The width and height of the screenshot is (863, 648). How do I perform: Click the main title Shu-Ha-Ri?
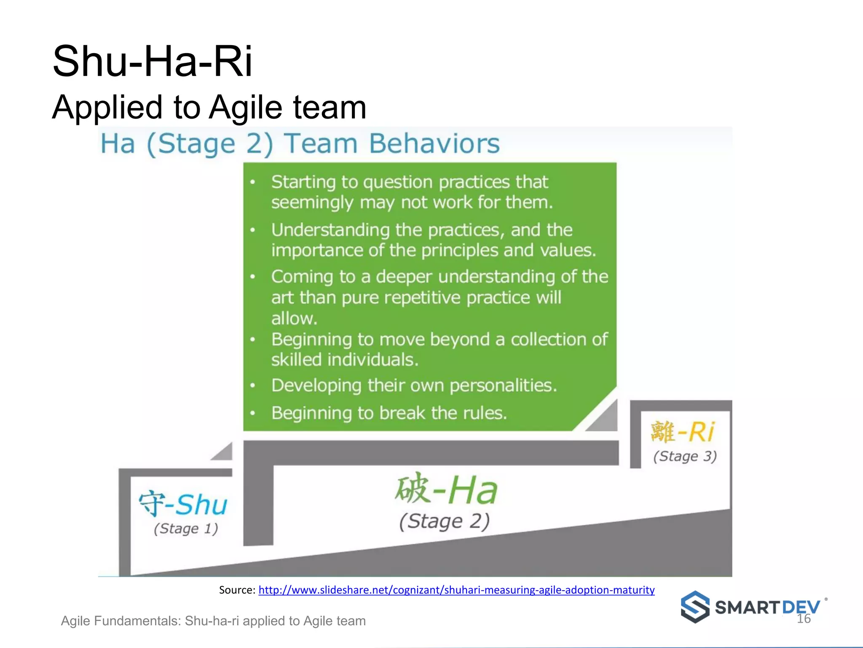pyautogui.click(x=152, y=62)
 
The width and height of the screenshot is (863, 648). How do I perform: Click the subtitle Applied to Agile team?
pyautogui.click(x=209, y=107)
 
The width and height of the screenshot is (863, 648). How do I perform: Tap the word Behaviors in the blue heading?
pyautogui.click(x=434, y=143)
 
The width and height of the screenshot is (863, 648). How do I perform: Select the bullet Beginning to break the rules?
pyautogui.click(x=389, y=413)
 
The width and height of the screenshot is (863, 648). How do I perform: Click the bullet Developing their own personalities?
pyautogui.click(x=414, y=385)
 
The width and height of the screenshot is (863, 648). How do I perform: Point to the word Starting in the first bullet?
pyautogui.click(x=303, y=182)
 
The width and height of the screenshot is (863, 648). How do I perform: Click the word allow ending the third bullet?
pyautogui.click(x=294, y=319)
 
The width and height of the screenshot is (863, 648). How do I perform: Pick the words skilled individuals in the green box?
pyautogui.click(x=345, y=360)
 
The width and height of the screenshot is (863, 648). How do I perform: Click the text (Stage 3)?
pyautogui.click(x=685, y=456)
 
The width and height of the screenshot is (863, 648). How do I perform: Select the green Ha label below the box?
pyautogui.click(x=472, y=490)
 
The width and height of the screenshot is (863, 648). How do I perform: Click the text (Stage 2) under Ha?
pyautogui.click(x=444, y=521)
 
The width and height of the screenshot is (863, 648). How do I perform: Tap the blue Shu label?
pyautogui.click(x=201, y=505)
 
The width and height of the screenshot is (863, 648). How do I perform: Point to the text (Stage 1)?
pyautogui.click(x=186, y=529)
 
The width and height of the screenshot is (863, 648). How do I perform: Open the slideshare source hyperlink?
pyautogui.click(x=456, y=590)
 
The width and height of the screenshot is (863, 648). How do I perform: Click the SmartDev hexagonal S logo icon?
pyautogui.click(x=695, y=607)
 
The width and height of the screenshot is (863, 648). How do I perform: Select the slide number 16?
pyautogui.click(x=804, y=619)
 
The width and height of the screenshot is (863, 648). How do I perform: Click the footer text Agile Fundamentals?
pyautogui.click(x=121, y=621)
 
